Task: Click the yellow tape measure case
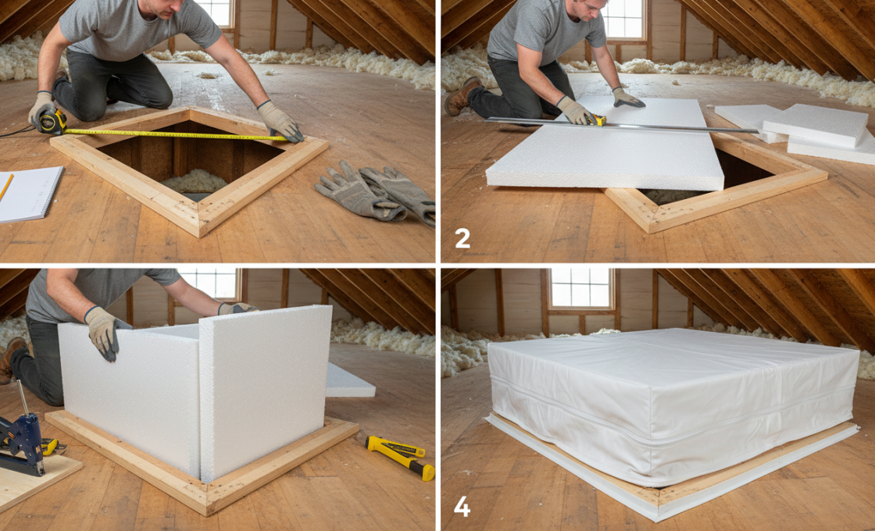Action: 52,122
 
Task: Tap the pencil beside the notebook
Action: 5,187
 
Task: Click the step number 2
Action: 462,238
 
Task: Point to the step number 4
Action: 462,507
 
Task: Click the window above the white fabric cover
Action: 581,288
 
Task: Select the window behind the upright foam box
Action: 209,283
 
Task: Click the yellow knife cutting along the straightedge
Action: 597,119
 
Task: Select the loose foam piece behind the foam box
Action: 348,380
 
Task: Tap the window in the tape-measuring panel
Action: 216,12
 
